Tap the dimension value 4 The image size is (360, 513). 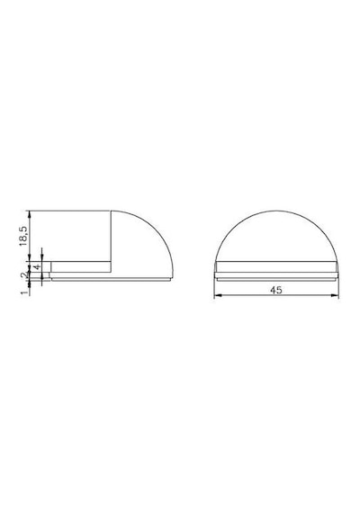pyautogui.click(x=38, y=266)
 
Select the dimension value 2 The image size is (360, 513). pyautogui.click(x=25, y=275)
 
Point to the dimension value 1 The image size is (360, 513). pyautogui.click(x=24, y=292)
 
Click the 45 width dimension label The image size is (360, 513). pyautogui.click(x=276, y=290)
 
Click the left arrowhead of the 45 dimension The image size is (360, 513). pyautogui.click(x=217, y=295)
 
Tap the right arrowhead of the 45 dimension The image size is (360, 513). pyautogui.click(x=335, y=295)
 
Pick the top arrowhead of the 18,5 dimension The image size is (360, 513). pyautogui.click(x=30, y=214)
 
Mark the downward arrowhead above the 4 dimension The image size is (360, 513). pyautogui.click(x=42, y=258)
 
